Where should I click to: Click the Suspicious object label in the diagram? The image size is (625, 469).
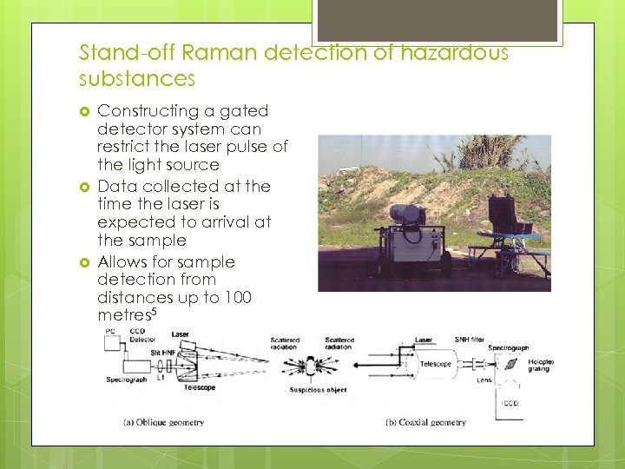[318, 390]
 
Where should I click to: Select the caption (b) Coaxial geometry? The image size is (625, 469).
[425, 423]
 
